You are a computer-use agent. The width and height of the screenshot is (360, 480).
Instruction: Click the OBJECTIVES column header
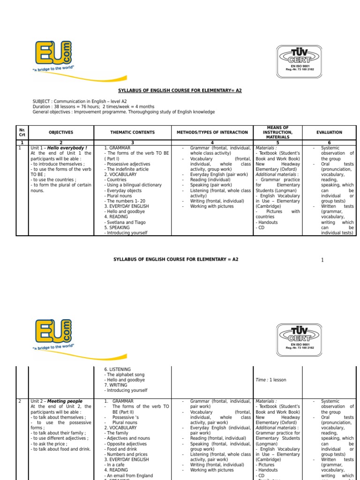click(x=61, y=133)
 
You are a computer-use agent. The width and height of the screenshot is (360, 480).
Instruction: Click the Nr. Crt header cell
click(x=22, y=133)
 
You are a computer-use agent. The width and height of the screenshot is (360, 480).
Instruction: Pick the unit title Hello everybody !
click(x=67, y=148)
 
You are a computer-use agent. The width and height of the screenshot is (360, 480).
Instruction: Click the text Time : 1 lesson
click(x=270, y=380)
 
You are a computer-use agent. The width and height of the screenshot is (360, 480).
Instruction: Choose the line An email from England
click(x=128, y=475)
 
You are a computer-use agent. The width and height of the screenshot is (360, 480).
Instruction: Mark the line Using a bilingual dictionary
click(x=134, y=185)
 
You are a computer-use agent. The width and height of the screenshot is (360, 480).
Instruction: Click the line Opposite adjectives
click(x=125, y=443)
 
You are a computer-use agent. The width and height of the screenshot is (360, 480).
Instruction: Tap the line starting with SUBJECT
click(x=79, y=101)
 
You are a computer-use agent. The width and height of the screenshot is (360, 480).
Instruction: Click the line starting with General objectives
click(x=123, y=112)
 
